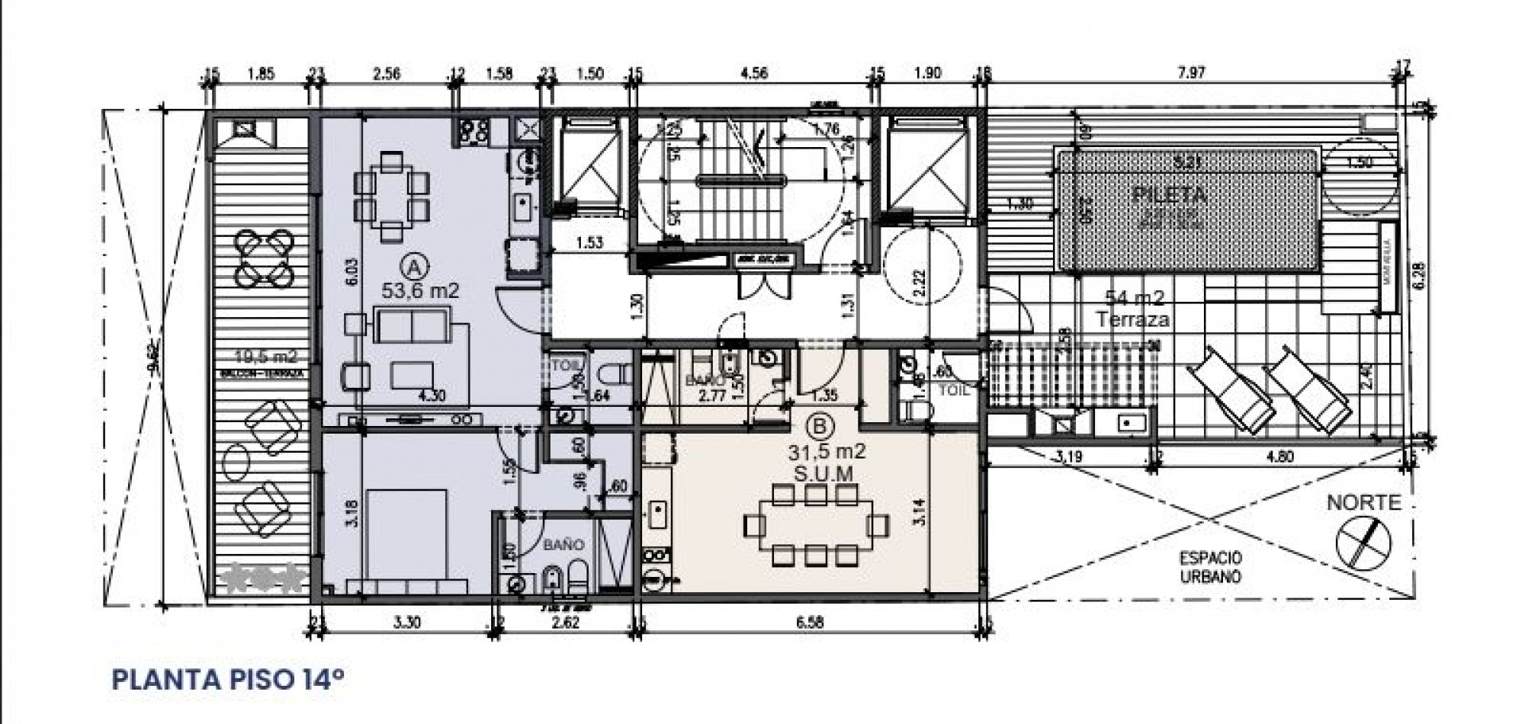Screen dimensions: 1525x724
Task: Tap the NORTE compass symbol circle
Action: click(1363, 540)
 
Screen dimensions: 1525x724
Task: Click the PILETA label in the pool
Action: click(1170, 195)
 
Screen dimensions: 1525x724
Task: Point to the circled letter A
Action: click(413, 267)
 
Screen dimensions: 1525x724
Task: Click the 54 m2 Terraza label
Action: click(1132, 309)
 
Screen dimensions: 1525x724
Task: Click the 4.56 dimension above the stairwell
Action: click(754, 73)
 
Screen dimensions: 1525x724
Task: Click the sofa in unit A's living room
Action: click(413, 327)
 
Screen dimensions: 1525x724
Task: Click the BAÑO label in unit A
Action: click(563, 545)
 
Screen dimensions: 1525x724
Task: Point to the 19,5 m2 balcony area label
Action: click(266, 356)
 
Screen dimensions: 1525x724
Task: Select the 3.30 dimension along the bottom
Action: click(408, 622)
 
